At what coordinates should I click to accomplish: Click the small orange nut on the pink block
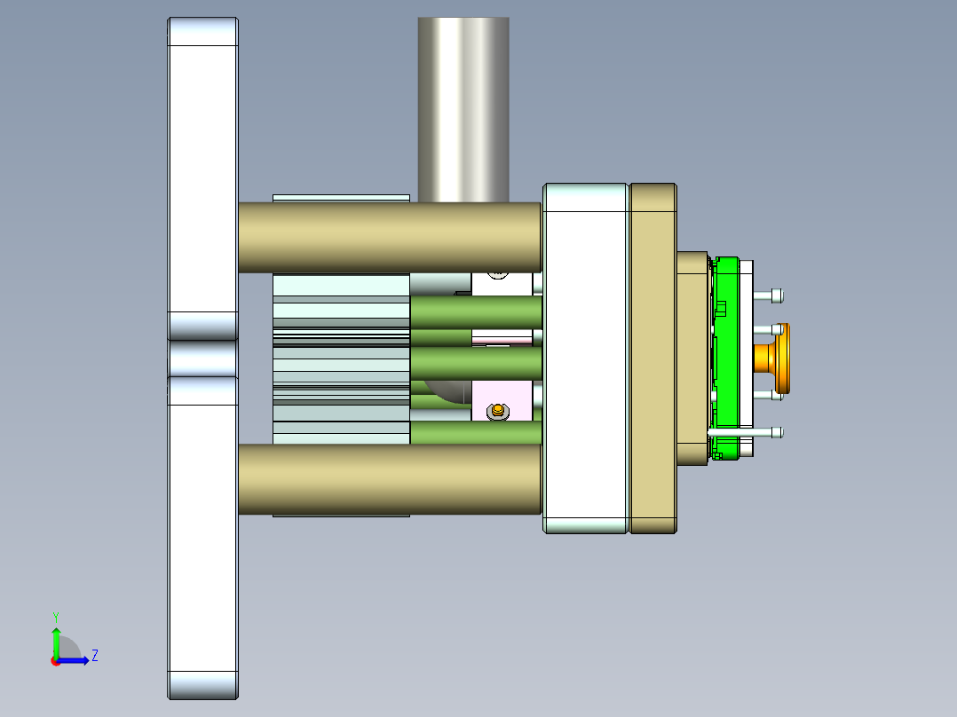498,410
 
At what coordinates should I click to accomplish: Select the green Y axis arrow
56,641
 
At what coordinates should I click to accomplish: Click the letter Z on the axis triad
94,656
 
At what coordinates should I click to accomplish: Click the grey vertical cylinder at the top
463,106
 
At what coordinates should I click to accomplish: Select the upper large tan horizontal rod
391,237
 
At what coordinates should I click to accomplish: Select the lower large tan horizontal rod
391,479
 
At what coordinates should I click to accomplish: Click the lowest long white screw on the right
746,432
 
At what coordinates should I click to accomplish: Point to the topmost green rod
475,311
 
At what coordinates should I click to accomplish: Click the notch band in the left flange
203,358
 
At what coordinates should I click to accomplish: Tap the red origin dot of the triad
55,661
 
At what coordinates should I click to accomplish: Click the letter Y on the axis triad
55,616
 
